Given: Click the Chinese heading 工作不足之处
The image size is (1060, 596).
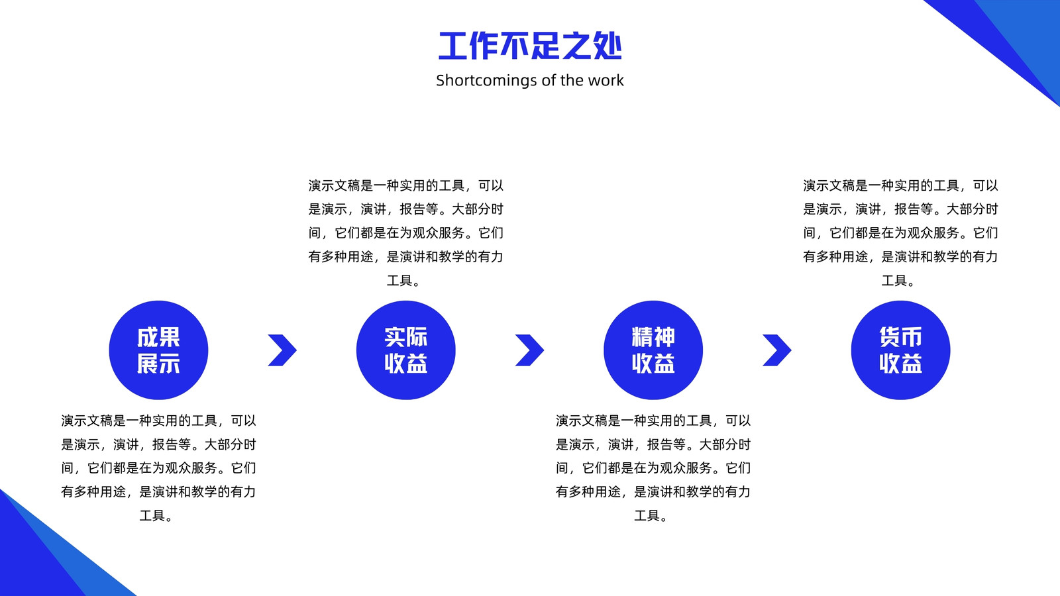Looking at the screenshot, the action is [x=530, y=46].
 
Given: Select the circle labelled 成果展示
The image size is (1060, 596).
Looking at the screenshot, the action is [x=158, y=350].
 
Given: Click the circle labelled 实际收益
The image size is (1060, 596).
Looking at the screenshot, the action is [x=406, y=350].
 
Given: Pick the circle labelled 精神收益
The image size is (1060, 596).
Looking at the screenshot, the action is [x=653, y=350].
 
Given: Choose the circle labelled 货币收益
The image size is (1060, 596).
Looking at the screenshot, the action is [x=900, y=350].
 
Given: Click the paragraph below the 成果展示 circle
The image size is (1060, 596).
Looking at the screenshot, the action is [x=158, y=468].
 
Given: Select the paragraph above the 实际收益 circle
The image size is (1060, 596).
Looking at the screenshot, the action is [x=406, y=232].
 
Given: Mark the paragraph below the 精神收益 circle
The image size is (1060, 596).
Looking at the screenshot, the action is [x=653, y=468].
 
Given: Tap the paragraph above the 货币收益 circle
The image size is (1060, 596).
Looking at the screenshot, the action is [x=900, y=232].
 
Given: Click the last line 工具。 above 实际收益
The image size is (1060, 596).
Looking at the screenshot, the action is [x=403, y=281].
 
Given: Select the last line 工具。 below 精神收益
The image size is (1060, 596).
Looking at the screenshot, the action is [x=651, y=516].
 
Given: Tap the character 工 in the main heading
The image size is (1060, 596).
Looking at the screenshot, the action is [x=453, y=46].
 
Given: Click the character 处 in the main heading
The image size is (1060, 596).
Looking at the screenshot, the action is [x=608, y=46].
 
